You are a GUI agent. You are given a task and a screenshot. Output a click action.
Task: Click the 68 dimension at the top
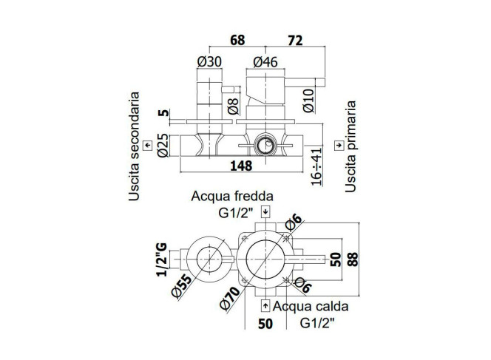click(x=237, y=41)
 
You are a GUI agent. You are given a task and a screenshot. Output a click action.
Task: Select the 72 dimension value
click(x=295, y=41)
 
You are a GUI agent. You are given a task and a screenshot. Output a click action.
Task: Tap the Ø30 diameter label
click(x=209, y=61)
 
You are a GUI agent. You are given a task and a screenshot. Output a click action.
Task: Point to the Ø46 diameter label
click(x=265, y=61)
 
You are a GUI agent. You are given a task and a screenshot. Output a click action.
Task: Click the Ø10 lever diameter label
click(x=308, y=101)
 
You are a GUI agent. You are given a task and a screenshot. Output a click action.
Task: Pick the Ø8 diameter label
click(x=233, y=106)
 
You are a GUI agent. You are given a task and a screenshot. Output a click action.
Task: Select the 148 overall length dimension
click(x=241, y=166)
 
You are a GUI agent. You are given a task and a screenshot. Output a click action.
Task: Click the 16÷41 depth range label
click(x=316, y=166)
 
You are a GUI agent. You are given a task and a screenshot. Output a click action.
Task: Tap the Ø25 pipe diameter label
click(x=163, y=145)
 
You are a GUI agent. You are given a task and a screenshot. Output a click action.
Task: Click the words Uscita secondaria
click(x=134, y=146)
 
